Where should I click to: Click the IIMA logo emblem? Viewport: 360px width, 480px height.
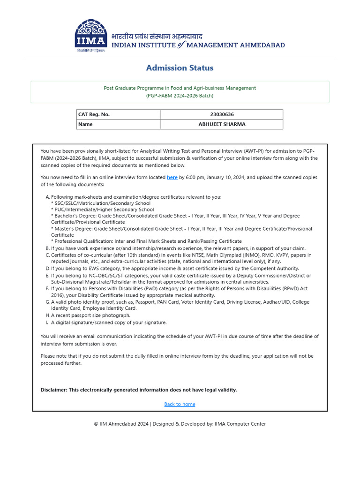(90, 36)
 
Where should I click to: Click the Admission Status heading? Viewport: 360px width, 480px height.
(180, 68)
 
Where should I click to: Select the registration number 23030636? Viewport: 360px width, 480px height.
(222, 114)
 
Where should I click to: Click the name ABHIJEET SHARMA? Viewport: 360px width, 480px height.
(222, 124)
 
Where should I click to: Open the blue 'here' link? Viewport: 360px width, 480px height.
(172, 178)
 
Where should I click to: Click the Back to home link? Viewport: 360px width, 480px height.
(180, 404)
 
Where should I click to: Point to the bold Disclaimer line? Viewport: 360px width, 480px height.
(139, 390)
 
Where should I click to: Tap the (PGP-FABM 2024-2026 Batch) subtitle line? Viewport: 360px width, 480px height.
(180, 96)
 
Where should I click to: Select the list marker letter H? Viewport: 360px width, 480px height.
(47, 315)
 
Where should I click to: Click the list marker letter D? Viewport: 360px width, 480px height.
(47, 269)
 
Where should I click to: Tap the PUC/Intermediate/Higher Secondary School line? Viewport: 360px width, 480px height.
(102, 210)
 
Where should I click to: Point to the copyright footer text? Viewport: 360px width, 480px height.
(180, 424)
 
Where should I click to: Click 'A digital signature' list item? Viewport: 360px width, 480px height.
(108, 322)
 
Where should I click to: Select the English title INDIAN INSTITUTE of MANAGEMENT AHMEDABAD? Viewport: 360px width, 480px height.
(197, 45)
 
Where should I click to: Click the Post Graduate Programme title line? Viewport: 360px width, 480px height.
(180, 88)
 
